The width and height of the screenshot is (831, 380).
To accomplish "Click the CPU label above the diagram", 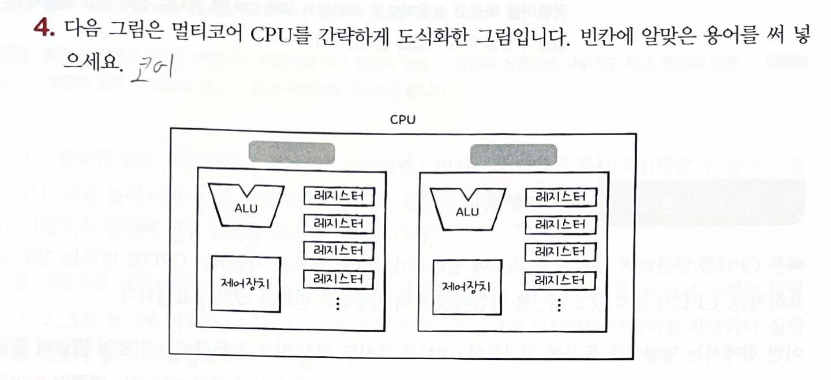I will pyautogui.click(x=403, y=120).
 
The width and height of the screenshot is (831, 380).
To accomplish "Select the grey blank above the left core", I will pyautogui.click(x=291, y=153).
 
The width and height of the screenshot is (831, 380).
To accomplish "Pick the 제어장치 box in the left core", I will pyautogui.click(x=246, y=284).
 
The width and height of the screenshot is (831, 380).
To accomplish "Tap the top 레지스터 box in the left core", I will pyautogui.click(x=339, y=195).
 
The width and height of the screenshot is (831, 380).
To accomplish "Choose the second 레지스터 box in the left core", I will pyautogui.click(x=339, y=222).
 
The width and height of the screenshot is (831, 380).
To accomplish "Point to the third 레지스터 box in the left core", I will pyautogui.click(x=339, y=251).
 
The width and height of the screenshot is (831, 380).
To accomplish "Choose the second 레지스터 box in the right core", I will pyautogui.click(x=559, y=224).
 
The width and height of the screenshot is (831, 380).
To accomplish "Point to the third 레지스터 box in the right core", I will pyautogui.click(x=559, y=252).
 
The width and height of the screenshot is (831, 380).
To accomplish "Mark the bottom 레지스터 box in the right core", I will pyautogui.click(x=559, y=281).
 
